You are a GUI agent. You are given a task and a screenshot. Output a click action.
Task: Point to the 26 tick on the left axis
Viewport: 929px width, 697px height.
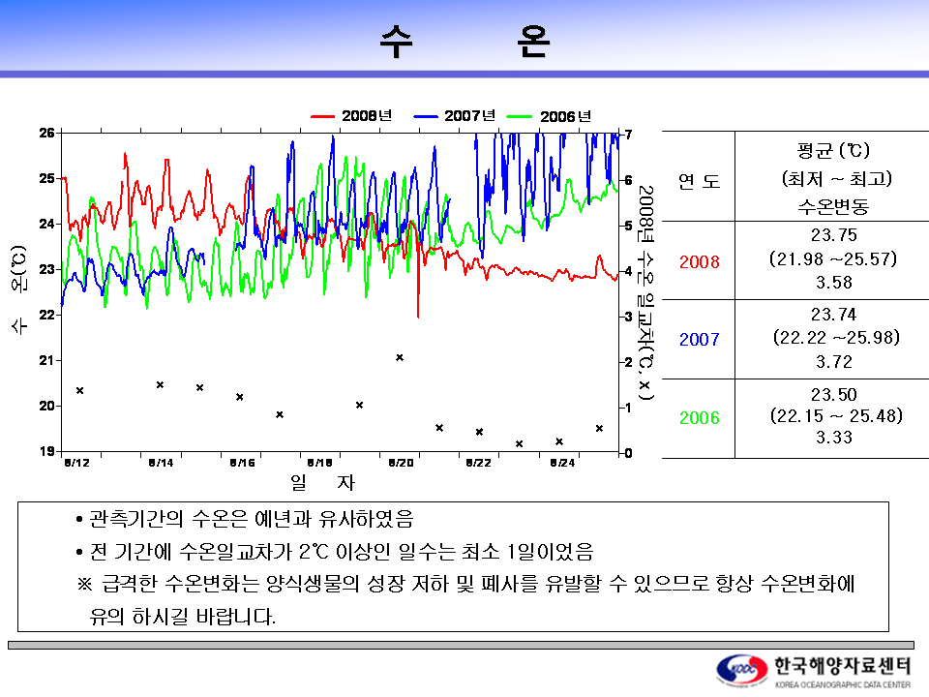pos(45,133)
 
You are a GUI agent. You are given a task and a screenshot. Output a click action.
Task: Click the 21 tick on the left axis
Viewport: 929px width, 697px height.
pos(45,360)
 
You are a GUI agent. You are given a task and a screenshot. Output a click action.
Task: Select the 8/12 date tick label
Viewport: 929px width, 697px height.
pos(76,463)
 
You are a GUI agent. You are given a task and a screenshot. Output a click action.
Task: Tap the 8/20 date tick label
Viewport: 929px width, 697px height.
pos(400,463)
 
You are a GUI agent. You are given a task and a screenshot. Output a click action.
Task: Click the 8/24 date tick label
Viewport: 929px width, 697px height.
pos(561,463)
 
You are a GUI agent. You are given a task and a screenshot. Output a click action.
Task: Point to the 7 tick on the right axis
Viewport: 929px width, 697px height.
pos(629,134)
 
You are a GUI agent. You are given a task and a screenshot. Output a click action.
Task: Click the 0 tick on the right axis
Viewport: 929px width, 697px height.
pos(629,452)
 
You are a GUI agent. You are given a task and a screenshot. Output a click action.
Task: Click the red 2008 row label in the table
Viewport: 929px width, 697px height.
pos(699,261)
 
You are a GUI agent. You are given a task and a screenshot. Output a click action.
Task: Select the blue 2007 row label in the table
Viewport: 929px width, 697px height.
pos(699,340)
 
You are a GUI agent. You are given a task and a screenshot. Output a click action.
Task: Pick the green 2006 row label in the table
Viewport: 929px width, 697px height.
pos(699,418)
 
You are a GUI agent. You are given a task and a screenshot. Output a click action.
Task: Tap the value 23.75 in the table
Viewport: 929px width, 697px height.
pos(833,235)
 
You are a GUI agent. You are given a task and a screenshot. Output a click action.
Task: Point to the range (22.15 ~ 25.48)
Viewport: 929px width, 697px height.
pos(835,416)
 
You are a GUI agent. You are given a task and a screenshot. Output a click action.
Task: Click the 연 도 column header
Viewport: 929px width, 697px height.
pos(699,181)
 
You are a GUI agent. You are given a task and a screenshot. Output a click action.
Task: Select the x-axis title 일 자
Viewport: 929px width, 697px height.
pos(322,481)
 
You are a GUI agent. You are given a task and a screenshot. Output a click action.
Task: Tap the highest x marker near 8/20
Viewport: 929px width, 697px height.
pos(400,357)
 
